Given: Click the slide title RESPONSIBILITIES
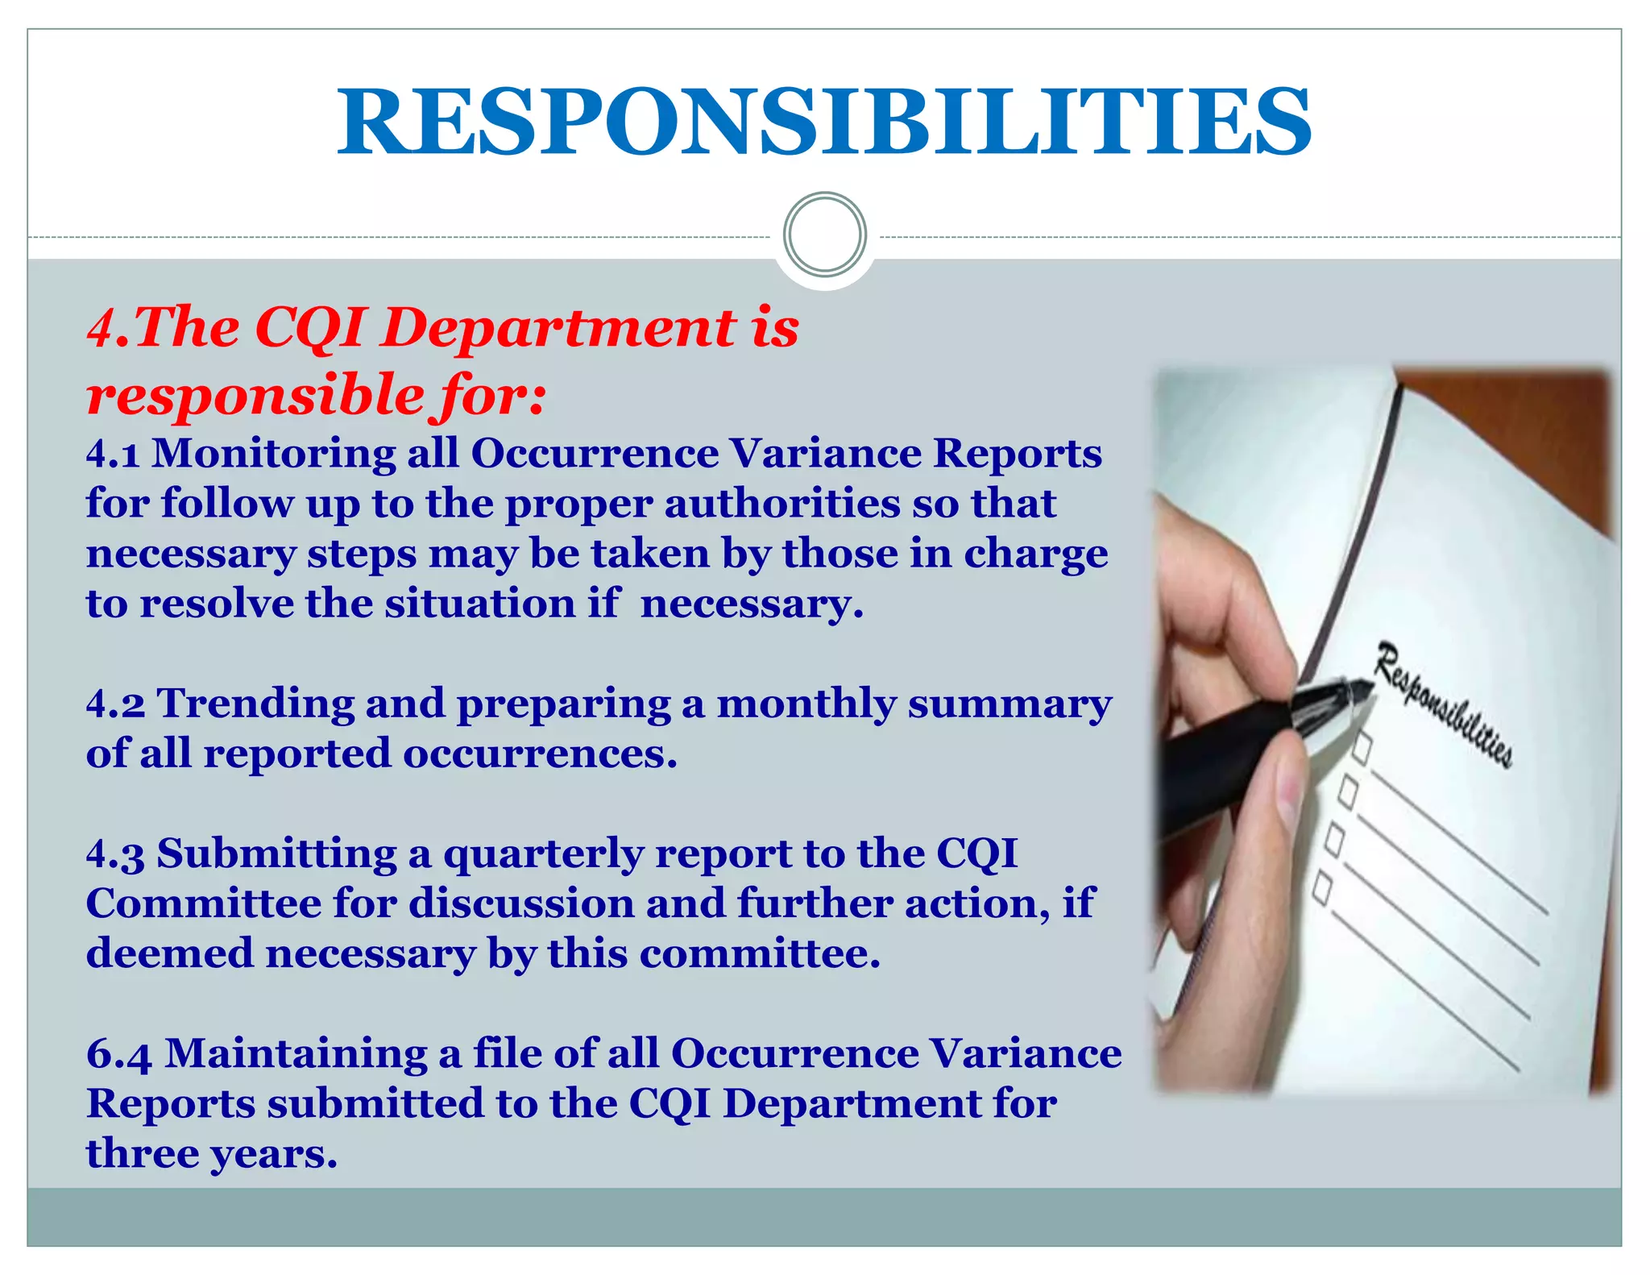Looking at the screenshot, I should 824,123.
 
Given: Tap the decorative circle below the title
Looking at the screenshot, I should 824,235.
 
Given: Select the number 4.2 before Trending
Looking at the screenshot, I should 115,704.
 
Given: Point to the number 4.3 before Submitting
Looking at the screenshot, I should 115,854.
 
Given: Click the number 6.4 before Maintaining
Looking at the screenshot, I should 118,1054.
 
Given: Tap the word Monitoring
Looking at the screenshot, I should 273,454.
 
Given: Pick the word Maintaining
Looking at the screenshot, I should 296,1054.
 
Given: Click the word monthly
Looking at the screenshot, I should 806,704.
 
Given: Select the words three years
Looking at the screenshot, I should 211,1153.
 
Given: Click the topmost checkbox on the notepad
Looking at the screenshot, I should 1362,746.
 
